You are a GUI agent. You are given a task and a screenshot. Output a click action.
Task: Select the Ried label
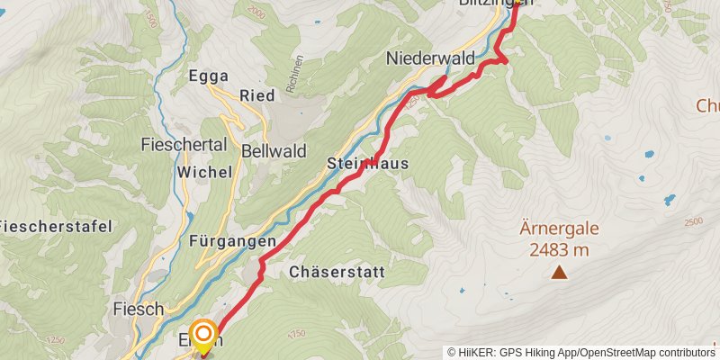pyautogui.click(x=256, y=96)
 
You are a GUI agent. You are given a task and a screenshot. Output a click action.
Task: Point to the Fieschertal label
pyautogui.click(x=184, y=144)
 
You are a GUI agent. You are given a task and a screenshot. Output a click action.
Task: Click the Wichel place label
pyautogui.click(x=205, y=171)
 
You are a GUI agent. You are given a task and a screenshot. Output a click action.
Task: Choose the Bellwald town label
pyautogui.click(x=274, y=150)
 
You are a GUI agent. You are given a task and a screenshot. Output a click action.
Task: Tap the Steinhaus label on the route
pyautogui.click(x=368, y=164)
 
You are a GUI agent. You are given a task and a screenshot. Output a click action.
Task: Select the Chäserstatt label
pyautogui.click(x=337, y=271)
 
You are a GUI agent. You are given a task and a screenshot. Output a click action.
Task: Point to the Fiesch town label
pyautogui.click(x=139, y=309)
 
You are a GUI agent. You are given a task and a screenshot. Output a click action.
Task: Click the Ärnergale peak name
pyautogui.click(x=559, y=229)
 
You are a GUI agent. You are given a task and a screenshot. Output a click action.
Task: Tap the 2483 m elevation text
pyautogui.click(x=559, y=249)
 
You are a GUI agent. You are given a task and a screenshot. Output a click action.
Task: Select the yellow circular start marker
pyautogui.click(x=202, y=337)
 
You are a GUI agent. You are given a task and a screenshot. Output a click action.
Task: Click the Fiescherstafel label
pyautogui.click(x=57, y=226)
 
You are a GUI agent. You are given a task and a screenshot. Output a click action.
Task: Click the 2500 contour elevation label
pyautogui.click(x=692, y=221)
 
